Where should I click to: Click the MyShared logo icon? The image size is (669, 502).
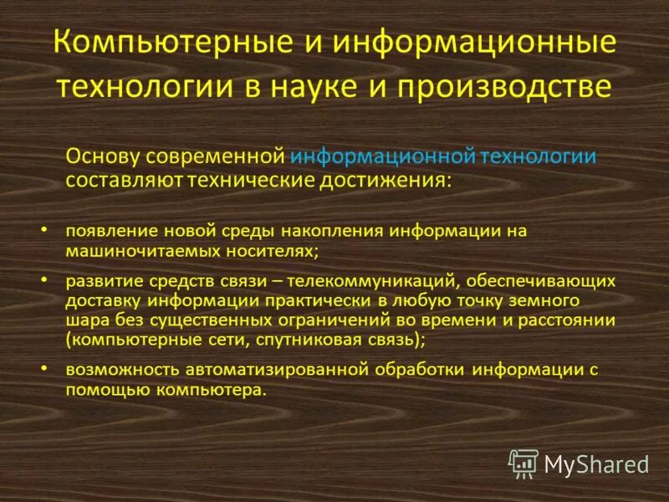523,462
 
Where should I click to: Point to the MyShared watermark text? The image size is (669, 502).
596,464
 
